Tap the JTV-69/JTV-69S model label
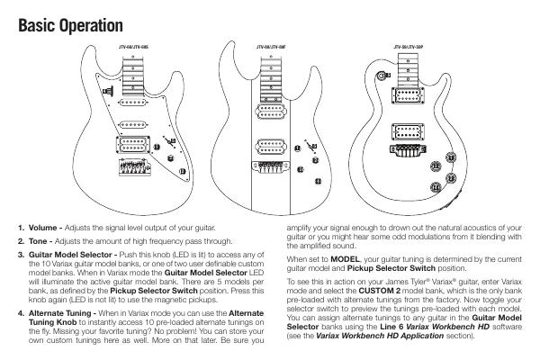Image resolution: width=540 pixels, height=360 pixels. pos(132,43)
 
